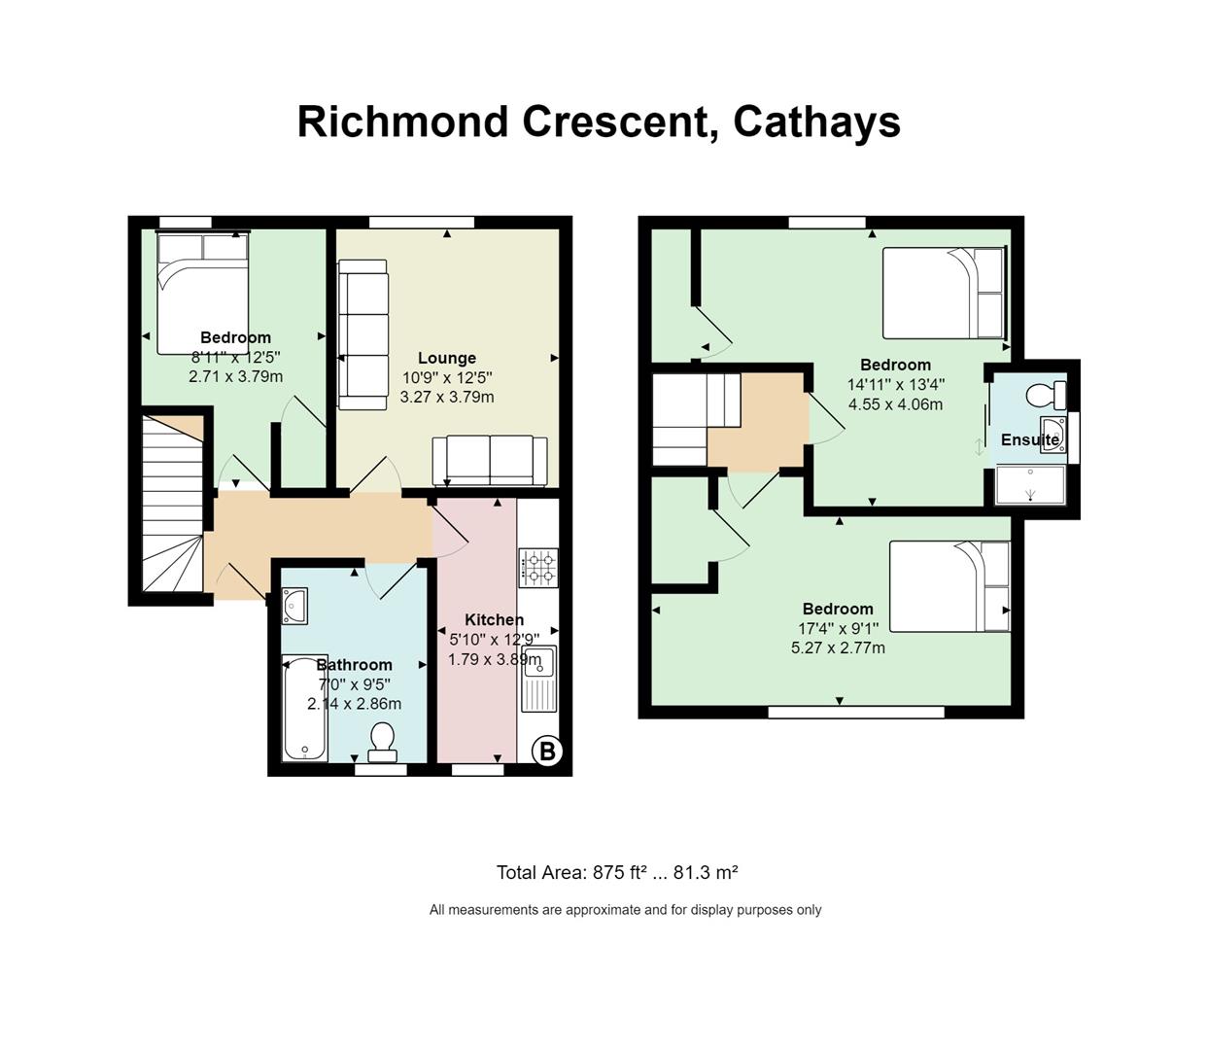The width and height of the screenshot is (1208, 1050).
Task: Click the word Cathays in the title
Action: pyautogui.click(x=816, y=123)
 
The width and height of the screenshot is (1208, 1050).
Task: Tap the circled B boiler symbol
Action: pyautogui.click(x=547, y=752)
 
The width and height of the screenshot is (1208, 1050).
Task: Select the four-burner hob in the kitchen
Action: pyautogui.click(x=538, y=568)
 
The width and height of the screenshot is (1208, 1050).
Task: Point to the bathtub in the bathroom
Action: pyautogui.click(x=304, y=708)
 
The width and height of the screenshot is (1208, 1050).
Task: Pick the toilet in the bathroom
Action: pyautogui.click(x=382, y=743)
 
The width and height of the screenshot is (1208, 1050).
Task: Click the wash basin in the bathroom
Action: pyautogui.click(x=294, y=606)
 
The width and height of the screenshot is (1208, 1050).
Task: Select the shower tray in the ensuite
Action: pyautogui.click(x=1030, y=485)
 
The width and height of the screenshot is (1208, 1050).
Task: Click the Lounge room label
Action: pyautogui.click(x=447, y=358)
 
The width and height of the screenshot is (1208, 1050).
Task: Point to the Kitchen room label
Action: pyautogui.click(x=494, y=619)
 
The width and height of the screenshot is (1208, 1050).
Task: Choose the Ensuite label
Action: pyautogui.click(x=1030, y=439)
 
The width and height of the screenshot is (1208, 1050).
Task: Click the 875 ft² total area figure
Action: pyautogui.click(x=620, y=872)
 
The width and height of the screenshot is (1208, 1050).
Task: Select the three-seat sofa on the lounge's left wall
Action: pyautogui.click(x=362, y=334)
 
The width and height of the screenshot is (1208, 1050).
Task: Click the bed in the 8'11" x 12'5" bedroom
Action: pyautogui.click(x=202, y=293)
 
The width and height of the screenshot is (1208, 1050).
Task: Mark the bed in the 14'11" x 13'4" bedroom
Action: pyautogui.click(x=944, y=293)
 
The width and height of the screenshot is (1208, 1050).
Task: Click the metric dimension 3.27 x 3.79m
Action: pyautogui.click(x=447, y=397)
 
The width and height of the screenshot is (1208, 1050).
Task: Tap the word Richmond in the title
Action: pyautogui.click(x=402, y=122)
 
